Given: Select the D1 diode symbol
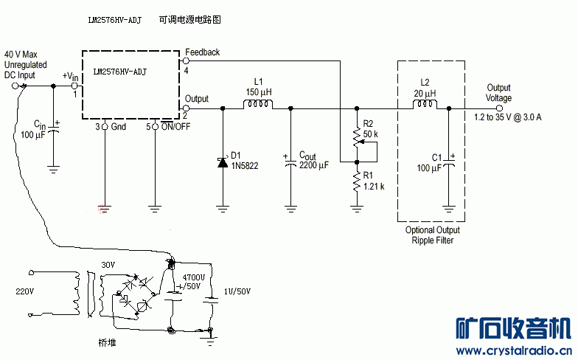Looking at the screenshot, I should (x=222, y=162).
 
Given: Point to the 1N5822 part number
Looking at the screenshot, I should (x=246, y=167).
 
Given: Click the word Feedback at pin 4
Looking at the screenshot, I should (x=203, y=53).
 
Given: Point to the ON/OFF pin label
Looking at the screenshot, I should (x=176, y=128).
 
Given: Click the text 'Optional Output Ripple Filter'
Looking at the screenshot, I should (x=432, y=235).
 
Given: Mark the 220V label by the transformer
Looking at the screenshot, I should (x=25, y=291).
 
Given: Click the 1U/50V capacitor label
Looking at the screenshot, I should (x=236, y=291).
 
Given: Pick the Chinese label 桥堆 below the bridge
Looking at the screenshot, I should (x=108, y=343).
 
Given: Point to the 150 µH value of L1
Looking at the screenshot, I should (x=259, y=92).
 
